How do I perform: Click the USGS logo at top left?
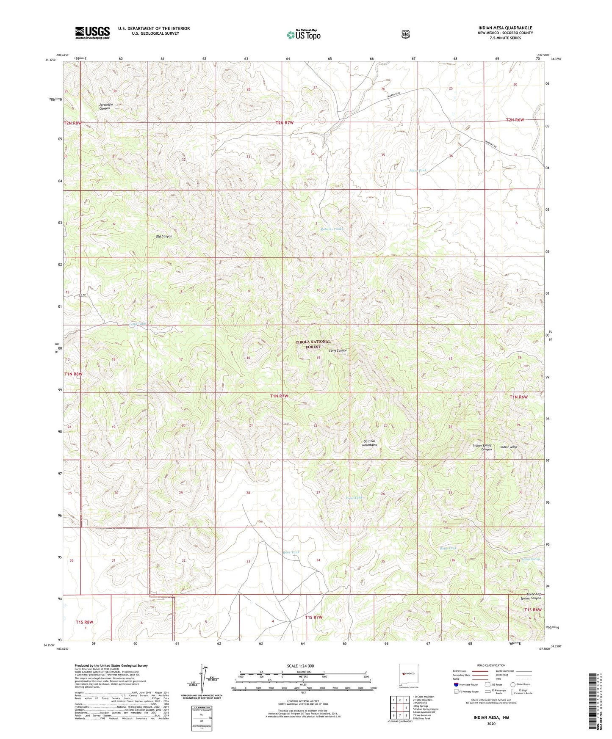[x=92, y=33]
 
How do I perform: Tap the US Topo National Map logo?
[x=303, y=34]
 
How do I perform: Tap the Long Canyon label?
[x=338, y=350]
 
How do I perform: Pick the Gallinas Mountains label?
[x=369, y=443]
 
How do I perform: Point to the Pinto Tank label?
[x=418, y=171]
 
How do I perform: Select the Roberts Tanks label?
[x=332, y=229]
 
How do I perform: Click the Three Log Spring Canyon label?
[x=531, y=596]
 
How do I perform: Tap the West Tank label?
[x=354, y=498]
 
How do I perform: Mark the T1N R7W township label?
[x=279, y=396]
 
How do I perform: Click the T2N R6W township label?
[x=515, y=120]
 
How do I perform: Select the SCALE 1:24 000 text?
[x=300, y=666]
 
